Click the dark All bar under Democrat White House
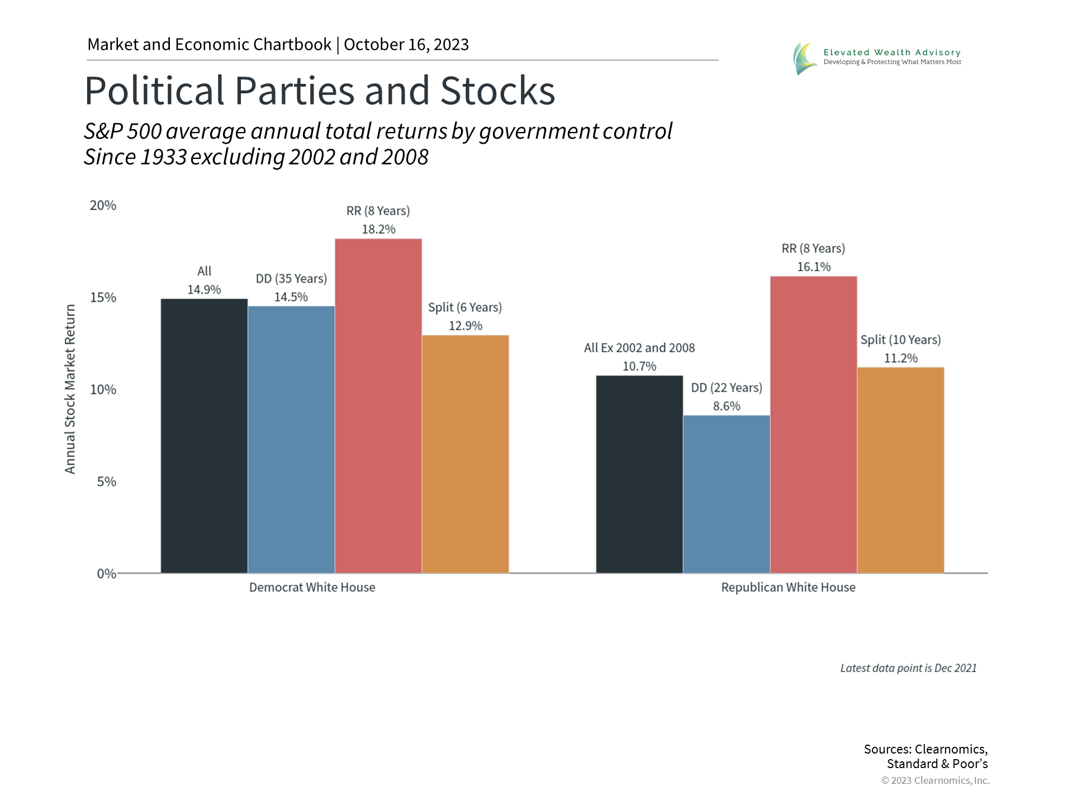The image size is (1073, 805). coord(204,436)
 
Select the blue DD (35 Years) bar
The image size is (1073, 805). coord(291,439)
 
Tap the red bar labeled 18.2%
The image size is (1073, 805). coord(378,406)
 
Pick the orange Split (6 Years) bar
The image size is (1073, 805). coord(466,454)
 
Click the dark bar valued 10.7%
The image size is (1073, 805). coord(639,474)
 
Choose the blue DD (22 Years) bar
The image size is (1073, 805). coord(727,494)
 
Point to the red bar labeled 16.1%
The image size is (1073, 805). coord(814,425)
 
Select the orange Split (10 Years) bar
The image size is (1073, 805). coord(901,470)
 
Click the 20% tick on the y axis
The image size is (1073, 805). coord(103,206)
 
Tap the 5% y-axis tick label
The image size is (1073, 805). coord(106,482)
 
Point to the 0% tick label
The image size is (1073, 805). coord(106,574)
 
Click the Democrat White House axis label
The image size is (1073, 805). coord(312,588)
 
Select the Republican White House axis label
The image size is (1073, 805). coord(788,588)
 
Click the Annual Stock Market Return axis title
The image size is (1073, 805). coord(70,389)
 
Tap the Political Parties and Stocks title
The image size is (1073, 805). coord(320,91)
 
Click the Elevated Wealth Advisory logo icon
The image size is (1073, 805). coord(804,58)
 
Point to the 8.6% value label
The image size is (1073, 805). coord(727,406)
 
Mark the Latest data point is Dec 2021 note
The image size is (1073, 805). coord(908,668)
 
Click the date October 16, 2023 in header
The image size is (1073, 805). coord(406,45)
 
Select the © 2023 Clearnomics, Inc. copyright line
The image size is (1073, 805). coord(935,780)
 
